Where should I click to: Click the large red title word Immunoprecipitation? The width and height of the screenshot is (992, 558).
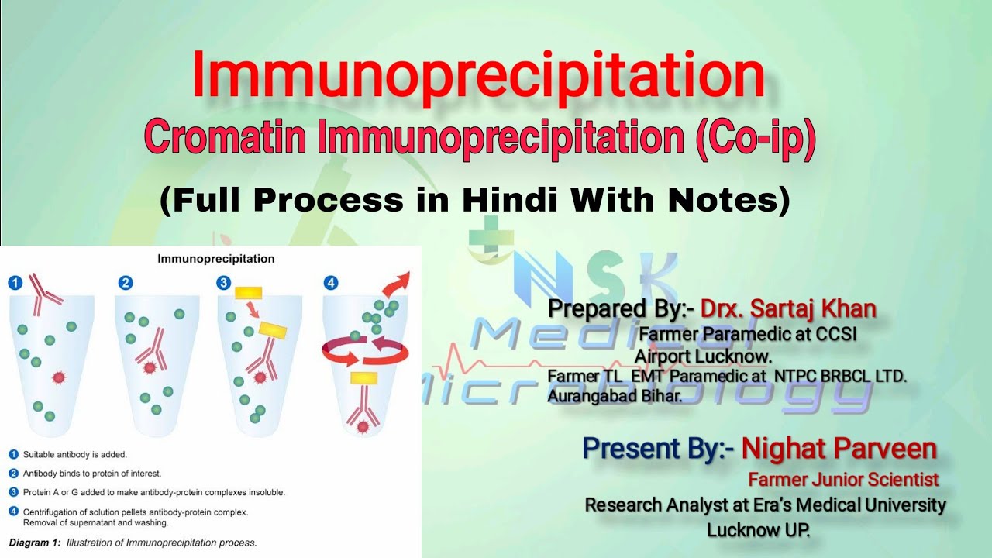[478, 76]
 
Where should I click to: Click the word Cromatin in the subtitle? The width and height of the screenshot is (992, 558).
[228, 139]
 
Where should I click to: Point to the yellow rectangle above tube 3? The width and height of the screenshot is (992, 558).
[248, 292]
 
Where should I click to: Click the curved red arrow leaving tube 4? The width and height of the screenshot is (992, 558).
[398, 284]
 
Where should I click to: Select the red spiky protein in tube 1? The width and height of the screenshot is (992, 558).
[59, 377]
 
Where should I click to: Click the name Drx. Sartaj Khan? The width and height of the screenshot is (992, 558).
[788, 308]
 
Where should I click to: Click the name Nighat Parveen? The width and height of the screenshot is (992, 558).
[839, 448]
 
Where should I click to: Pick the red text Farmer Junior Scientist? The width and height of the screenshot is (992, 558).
[843, 480]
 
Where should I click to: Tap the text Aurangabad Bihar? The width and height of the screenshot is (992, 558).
[614, 395]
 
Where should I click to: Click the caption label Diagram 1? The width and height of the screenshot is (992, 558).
[34, 542]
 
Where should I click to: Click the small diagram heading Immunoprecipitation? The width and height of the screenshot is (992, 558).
[215, 259]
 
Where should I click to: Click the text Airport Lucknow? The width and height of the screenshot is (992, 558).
[704, 356]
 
